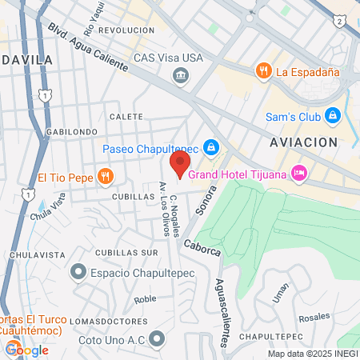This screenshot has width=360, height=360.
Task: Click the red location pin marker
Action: (x=179, y=165)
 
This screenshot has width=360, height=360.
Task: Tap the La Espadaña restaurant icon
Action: (x=262, y=71)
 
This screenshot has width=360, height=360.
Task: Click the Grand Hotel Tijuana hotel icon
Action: (x=299, y=172)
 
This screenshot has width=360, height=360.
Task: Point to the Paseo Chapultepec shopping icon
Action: (x=210, y=147)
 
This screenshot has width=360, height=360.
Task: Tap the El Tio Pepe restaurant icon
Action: (x=105, y=176)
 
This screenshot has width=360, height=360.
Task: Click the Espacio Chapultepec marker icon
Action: (x=78, y=273)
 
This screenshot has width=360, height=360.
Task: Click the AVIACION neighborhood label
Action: (x=303, y=142)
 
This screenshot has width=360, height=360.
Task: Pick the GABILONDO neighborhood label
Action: (x=72, y=132)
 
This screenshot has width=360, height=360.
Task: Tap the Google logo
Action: (x=27, y=350)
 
